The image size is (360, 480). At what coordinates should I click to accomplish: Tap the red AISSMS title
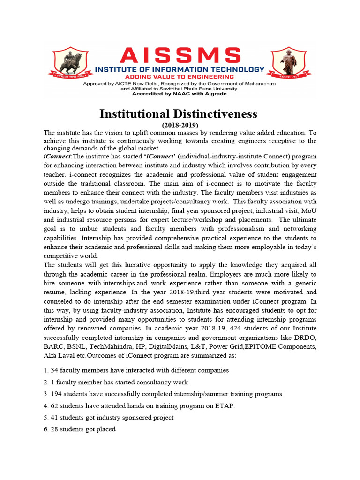point(180,56)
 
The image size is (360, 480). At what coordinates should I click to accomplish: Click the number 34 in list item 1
point(54,370)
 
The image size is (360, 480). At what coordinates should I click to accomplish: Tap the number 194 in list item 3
point(56,394)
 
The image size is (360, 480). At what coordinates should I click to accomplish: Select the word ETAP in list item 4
point(225,406)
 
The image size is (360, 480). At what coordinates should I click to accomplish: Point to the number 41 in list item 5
point(54,418)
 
